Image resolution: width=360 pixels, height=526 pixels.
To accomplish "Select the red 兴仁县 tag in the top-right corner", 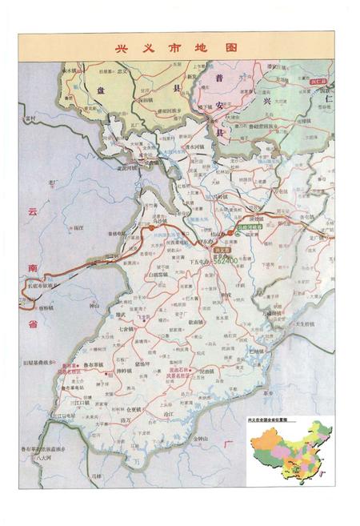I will click(x=318, y=81).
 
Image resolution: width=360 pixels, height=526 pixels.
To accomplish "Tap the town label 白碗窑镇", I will click(x=160, y=274).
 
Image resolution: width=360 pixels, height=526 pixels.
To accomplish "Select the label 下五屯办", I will click(x=201, y=262).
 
